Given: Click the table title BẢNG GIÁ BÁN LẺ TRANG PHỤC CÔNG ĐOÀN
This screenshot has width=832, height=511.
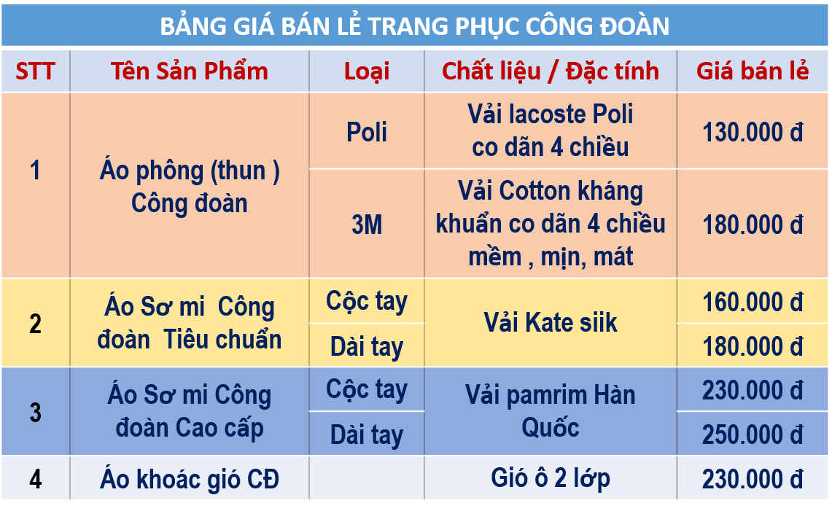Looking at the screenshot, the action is (x=414, y=26).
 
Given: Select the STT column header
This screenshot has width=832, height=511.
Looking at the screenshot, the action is (x=35, y=71).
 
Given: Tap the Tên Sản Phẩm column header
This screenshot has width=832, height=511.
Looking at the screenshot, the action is (x=190, y=71).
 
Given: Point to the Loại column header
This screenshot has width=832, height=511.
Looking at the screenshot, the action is (x=367, y=71).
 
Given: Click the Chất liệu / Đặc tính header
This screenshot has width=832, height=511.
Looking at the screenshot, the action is (x=551, y=71).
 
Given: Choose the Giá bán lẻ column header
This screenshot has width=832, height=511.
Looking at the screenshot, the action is (x=753, y=71).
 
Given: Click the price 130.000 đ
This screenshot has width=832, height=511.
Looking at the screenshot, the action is (x=753, y=132).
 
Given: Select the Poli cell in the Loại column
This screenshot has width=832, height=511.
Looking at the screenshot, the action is (x=367, y=132).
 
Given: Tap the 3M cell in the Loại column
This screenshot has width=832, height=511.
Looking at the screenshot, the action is (x=367, y=225).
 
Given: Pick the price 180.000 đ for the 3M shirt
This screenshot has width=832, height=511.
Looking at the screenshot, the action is (x=753, y=225).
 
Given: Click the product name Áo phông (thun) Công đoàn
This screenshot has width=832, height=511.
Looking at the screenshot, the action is (x=190, y=187).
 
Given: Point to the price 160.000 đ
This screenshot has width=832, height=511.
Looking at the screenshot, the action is (x=753, y=302).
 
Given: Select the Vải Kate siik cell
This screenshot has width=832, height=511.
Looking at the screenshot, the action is (x=551, y=323).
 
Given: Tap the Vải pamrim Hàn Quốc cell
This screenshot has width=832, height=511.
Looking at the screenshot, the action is (x=551, y=411).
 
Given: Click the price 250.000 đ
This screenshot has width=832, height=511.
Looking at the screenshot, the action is (x=753, y=434).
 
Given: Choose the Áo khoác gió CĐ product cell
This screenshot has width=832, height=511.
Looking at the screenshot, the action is (x=190, y=479).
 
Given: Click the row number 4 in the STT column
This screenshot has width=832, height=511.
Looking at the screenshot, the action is (x=35, y=479).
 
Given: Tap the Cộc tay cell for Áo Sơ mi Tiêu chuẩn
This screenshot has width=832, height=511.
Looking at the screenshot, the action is (x=367, y=302).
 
